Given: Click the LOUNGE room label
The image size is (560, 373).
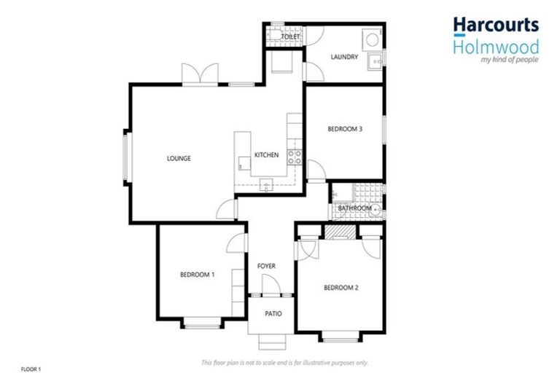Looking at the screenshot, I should (179, 158).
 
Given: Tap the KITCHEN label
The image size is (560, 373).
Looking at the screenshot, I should (266, 155).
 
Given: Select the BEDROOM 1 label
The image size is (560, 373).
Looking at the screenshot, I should (197, 275).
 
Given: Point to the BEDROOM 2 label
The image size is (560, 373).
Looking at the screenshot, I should (341, 287).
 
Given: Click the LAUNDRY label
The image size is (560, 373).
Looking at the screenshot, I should (344, 57).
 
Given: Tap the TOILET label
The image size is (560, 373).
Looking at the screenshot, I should (291, 36).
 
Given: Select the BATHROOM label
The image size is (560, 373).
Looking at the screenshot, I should (355, 208).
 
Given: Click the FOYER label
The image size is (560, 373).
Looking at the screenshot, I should (267, 266).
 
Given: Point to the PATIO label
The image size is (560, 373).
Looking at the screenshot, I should (273, 314).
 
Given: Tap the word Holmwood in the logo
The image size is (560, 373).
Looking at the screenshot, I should (496, 47).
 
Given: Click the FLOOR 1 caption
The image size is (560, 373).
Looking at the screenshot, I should (31, 369).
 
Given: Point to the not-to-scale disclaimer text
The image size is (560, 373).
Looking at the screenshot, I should (284, 362).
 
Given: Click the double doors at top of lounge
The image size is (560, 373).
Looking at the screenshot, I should (200, 75).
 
